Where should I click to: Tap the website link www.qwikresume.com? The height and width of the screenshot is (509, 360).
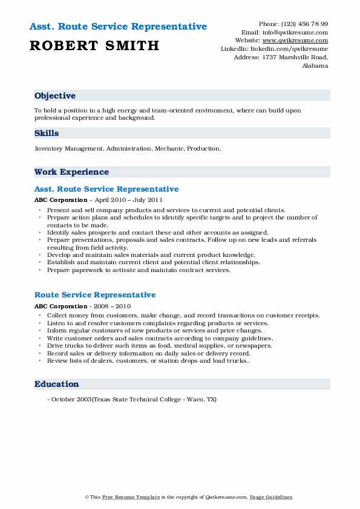(x=299, y=41)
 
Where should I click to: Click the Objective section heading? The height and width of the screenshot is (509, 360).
(x=55, y=96)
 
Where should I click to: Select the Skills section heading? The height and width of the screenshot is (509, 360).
(x=47, y=134)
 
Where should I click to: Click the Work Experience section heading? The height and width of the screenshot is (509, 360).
(x=71, y=172)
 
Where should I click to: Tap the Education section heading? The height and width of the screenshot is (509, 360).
(x=57, y=384)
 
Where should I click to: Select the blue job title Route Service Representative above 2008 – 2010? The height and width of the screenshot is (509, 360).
(x=95, y=295)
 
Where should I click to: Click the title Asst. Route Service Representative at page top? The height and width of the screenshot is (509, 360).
(x=118, y=27)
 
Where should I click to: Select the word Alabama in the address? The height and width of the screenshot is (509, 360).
(x=315, y=66)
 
